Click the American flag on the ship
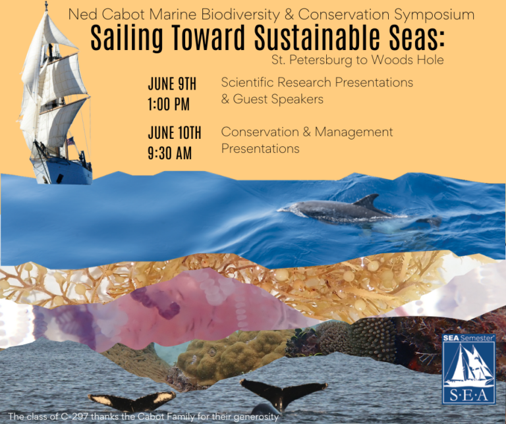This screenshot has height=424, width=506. click(70, 140)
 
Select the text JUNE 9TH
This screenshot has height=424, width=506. click(172, 84)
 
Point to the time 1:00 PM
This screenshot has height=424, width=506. click(169, 104)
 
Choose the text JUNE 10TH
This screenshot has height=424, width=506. click(175, 133)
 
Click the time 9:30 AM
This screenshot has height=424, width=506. click(169, 153)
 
